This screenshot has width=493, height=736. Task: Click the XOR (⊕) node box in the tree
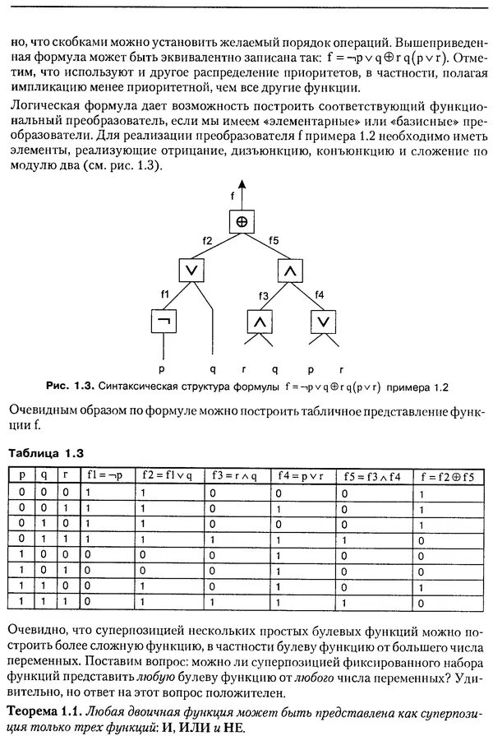(242, 222)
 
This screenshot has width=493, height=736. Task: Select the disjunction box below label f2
(191, 270)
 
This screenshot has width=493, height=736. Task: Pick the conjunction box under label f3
(260, 322)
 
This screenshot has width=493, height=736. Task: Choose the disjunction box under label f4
(323, 322)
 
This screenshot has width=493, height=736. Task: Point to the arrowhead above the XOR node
(242, 185)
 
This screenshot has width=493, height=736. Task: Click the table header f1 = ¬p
(105, 474)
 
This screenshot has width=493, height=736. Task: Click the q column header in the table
(44, 474)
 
